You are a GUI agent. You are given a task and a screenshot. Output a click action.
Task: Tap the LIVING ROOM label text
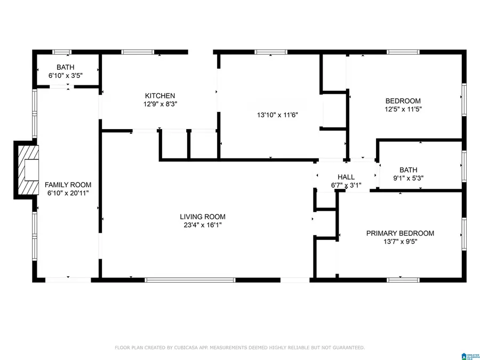tap(202, 217)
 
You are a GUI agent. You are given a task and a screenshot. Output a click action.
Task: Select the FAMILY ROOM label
tap(68, 185)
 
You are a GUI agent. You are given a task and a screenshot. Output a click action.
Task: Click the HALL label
tap(346, 177)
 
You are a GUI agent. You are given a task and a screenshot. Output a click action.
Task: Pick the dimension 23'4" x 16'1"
tap(202, 225)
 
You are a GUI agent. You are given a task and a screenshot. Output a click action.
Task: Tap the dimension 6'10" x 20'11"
tap(68, 193)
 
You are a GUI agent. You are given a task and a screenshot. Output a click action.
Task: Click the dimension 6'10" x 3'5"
tap(66, 75)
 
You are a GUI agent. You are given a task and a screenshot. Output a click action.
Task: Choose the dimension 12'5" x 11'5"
tap(403, 109)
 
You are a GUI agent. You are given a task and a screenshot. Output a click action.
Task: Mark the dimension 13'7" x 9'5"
tap(399, 242)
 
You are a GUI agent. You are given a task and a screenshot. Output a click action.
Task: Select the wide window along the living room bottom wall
tap(190, 279)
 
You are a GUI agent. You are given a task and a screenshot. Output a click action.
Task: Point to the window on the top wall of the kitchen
tap(138, 52)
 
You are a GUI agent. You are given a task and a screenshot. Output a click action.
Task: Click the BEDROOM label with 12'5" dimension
tap(403, 101)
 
